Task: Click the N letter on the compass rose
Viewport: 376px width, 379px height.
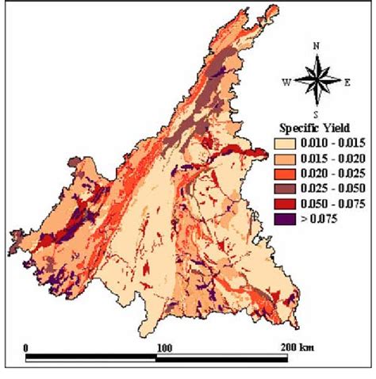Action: point(316,47)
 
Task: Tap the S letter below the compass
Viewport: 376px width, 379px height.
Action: point(316,114)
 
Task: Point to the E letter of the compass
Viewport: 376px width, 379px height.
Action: point(347,81)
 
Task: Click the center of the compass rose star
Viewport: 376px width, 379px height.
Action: point(316,81)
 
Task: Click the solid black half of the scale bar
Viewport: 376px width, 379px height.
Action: point(91,358)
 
